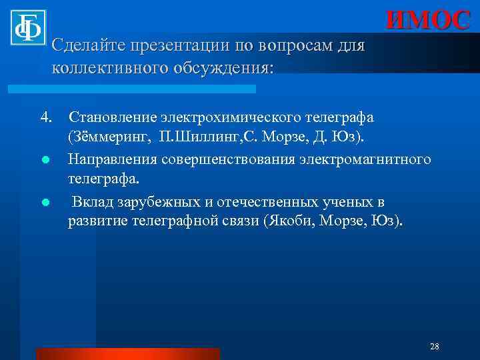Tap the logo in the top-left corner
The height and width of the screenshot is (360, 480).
pos(27,27)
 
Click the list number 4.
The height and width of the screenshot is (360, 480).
pos(46,117)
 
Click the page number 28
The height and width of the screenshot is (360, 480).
pos(435,346)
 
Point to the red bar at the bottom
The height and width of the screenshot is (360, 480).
pos(127,353)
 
